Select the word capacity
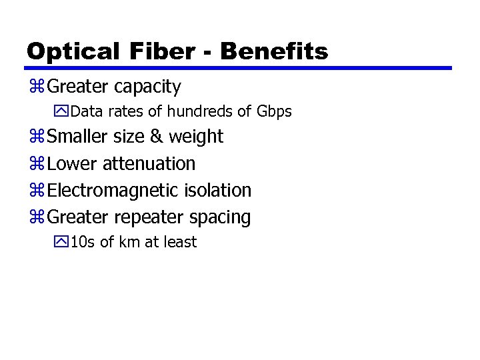pyautogui.click(x=147, y=87)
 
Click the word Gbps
pyautogui.click(x=274, y=112)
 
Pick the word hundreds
pyautogui.click(x=200, y=111)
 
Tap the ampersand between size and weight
pyautogui.click(x=156, y=137)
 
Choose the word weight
pyautogui.click(x=196, y=137)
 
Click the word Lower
pyautogui.click(x=73, y=163)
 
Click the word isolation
pyautogui.click(x=219, y=191)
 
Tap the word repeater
pyautogui.click(x=149, y=218)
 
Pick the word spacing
pyautogui.click(x=220, y=218)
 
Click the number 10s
pyautogui.click(x=83, y=242)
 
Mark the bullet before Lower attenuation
pyautogui.click(x=36, y=164)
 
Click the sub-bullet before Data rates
pyautogui.click(x=63, y=111)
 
